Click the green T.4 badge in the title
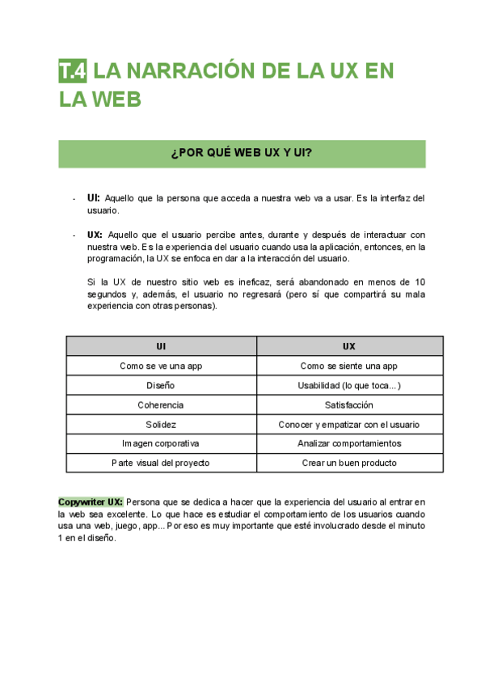(x=73, y=71)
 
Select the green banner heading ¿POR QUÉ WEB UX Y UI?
(x=242, y=154)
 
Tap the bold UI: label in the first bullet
(x=94, y=197)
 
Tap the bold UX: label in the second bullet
(x=95, y=235)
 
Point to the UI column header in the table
(x=161, y=346)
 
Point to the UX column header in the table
(x=348, y=346)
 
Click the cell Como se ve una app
(x=161, y=366)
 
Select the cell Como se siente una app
(x=348, y=366)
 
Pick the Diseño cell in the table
(x=161, y=385)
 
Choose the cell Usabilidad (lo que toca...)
(x=348, y=385)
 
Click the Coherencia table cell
(x=161, y=404)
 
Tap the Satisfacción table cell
(x=348, y=404)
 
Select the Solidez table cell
(x=161, y=424)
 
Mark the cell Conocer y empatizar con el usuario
(x=348, y=424)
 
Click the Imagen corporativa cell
(x=161, y=443)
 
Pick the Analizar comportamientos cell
(x=348, y=443)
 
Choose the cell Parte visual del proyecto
(x=161, y=463)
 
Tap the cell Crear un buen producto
(x=348, y=463)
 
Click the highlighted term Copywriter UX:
(x=91, y=502)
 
